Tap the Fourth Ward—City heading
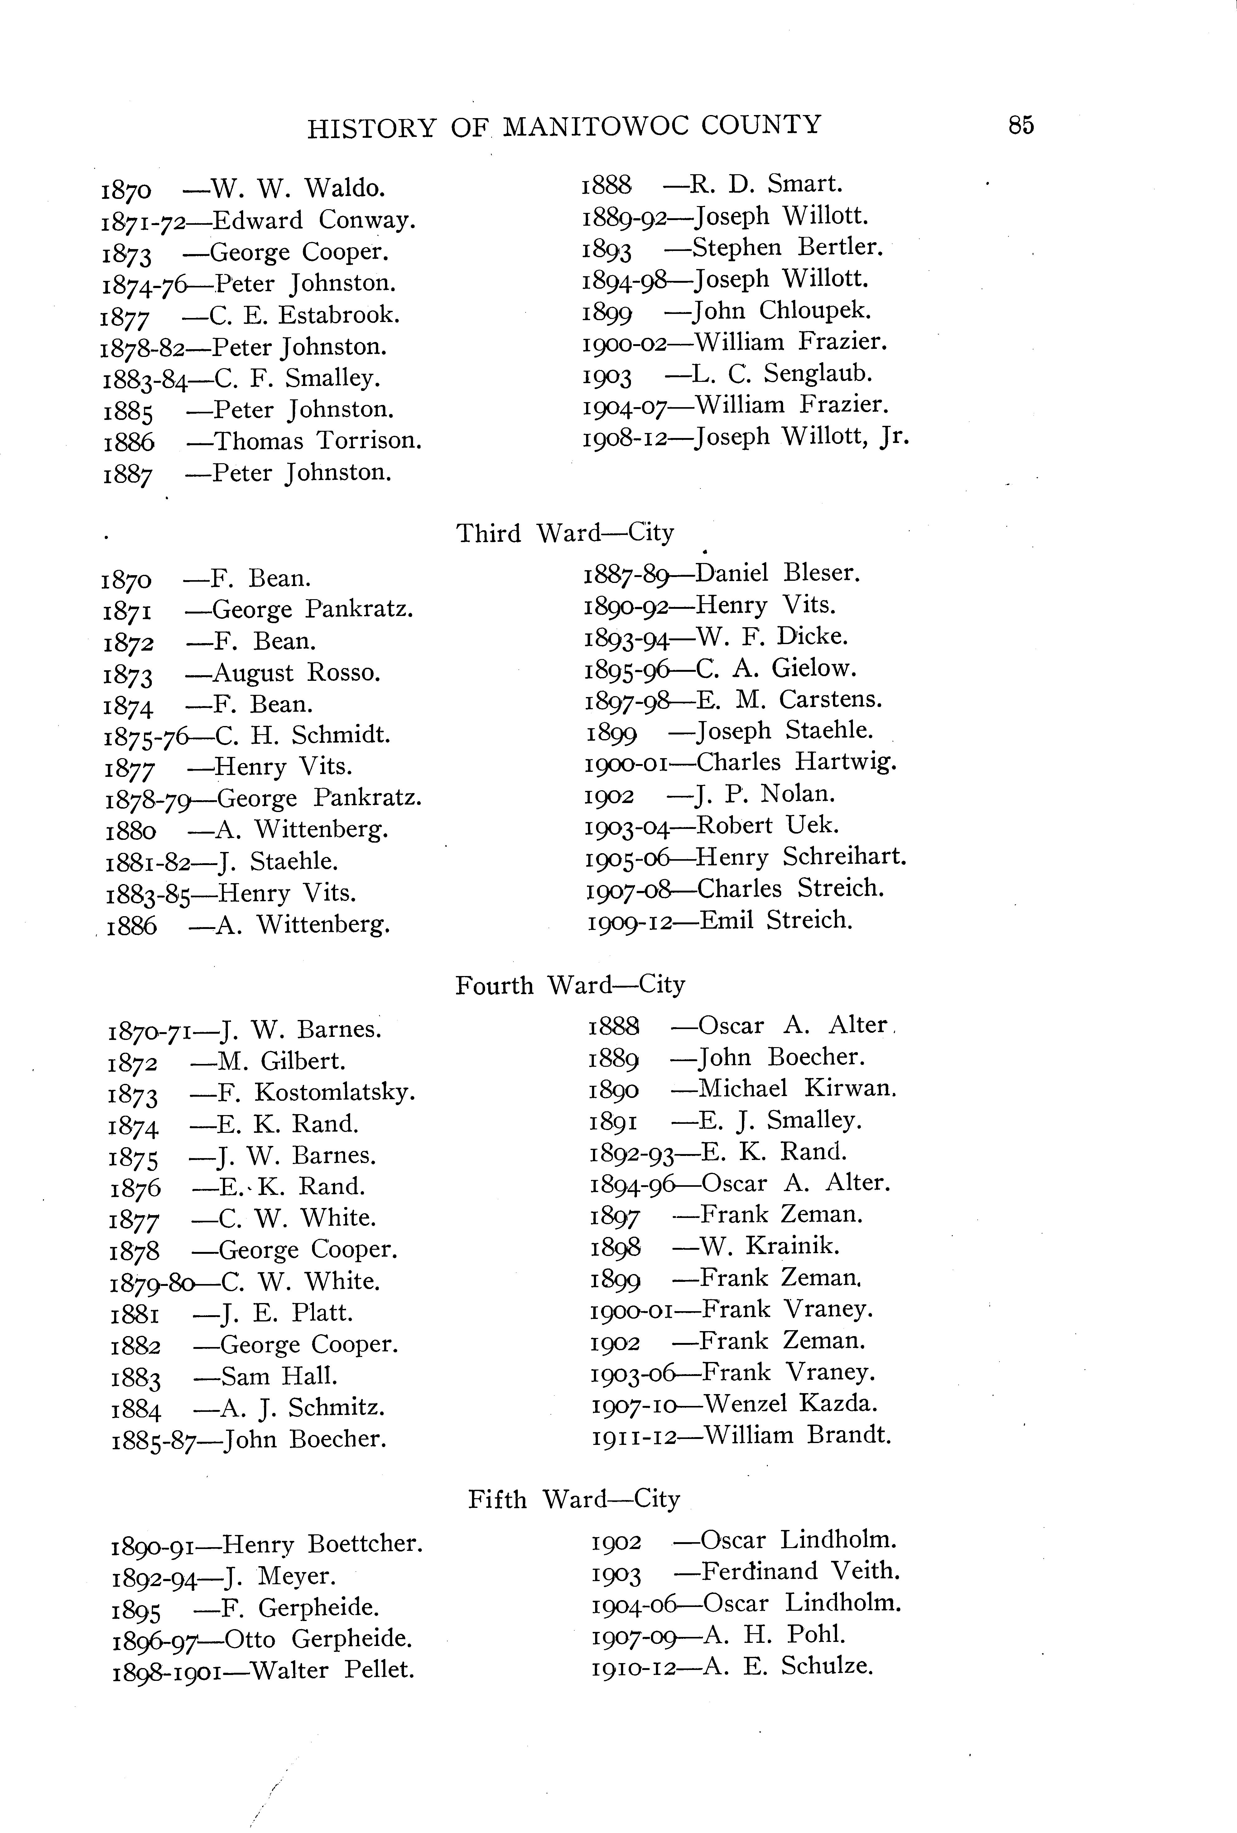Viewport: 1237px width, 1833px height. click(570, 985)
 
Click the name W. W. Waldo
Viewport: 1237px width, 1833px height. click(298, 189)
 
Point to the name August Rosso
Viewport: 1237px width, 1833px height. click(297, 673)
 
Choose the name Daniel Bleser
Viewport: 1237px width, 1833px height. click(778, 573)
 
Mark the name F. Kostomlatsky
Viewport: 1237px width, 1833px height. click(313, 1092)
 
